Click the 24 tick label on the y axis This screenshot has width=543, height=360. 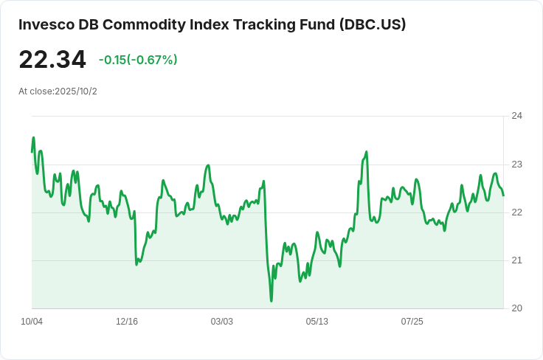(x=516, y=116)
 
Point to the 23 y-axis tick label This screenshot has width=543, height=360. (x=516, y=165)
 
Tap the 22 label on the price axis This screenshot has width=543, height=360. (x=516, y=212)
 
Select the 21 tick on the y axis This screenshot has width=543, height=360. (x=516, y=260)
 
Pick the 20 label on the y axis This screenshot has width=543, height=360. (x=516, y=308)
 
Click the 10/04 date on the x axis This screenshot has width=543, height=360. (x=32, y=322)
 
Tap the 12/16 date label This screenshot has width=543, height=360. (x=127, y=322)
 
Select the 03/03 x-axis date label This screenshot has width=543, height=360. (x=222, y=322)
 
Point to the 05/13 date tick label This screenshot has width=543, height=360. (x=317, y=322)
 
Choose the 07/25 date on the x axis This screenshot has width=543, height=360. (x=412, y=322)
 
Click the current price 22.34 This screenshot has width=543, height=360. (x=52, y=60)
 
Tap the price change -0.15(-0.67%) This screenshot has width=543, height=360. (x=138, y=60)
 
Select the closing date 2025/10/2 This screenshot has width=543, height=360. (x=76, y=91)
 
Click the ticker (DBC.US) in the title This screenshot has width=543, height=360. (x=373, y=24)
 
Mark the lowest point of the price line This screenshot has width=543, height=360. (x=271, y=301)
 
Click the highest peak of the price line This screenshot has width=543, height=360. (x=33, y=137)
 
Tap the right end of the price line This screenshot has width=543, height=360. (x=503, y=195)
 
